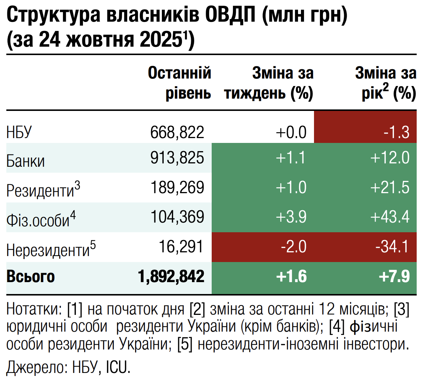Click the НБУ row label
pos(20,132)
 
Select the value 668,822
pos(177,132)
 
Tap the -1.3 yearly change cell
pos(397,132)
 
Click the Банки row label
pos(26,161)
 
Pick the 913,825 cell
pos(177,159)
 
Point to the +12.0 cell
pos(390,159)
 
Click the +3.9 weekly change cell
pos(291,217)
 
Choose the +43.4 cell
pos(390,217)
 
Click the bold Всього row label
pos(31,277)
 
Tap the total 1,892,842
pos(171,277)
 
